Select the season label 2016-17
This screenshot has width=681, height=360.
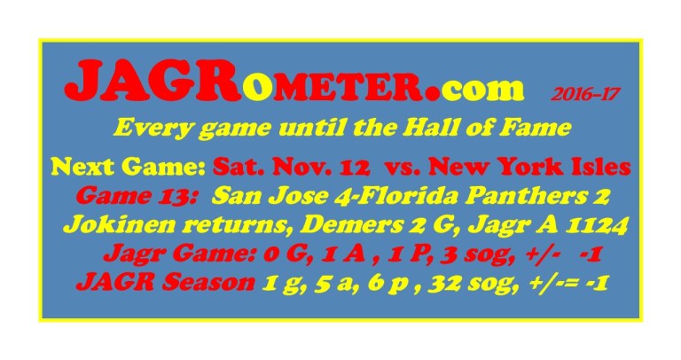579,92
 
